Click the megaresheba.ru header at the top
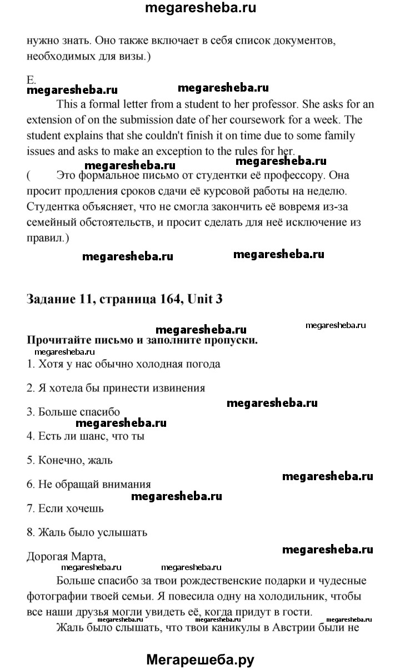[200, 9]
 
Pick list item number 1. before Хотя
[31, 364]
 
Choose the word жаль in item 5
[99, 460]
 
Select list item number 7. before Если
[31, 508]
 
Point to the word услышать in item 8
[122, 532]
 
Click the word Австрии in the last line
[267, 628]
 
